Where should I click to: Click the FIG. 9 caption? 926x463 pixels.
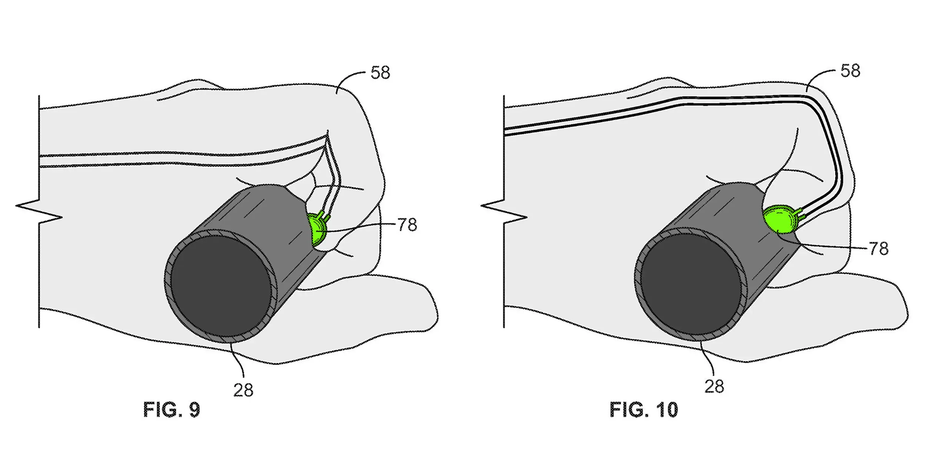point(171,410)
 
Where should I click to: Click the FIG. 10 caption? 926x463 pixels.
point(644,410)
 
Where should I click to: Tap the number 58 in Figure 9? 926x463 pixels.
point(380,73)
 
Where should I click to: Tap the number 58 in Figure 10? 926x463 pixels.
point(850,71)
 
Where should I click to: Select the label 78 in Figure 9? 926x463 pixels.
point(407,225)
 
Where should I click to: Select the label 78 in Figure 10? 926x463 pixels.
point(879,249)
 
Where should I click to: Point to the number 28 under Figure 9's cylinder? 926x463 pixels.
point(243,390)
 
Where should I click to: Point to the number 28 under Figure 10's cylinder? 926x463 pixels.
point(714,386)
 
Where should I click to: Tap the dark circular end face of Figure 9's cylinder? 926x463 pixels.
point(221,286)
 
